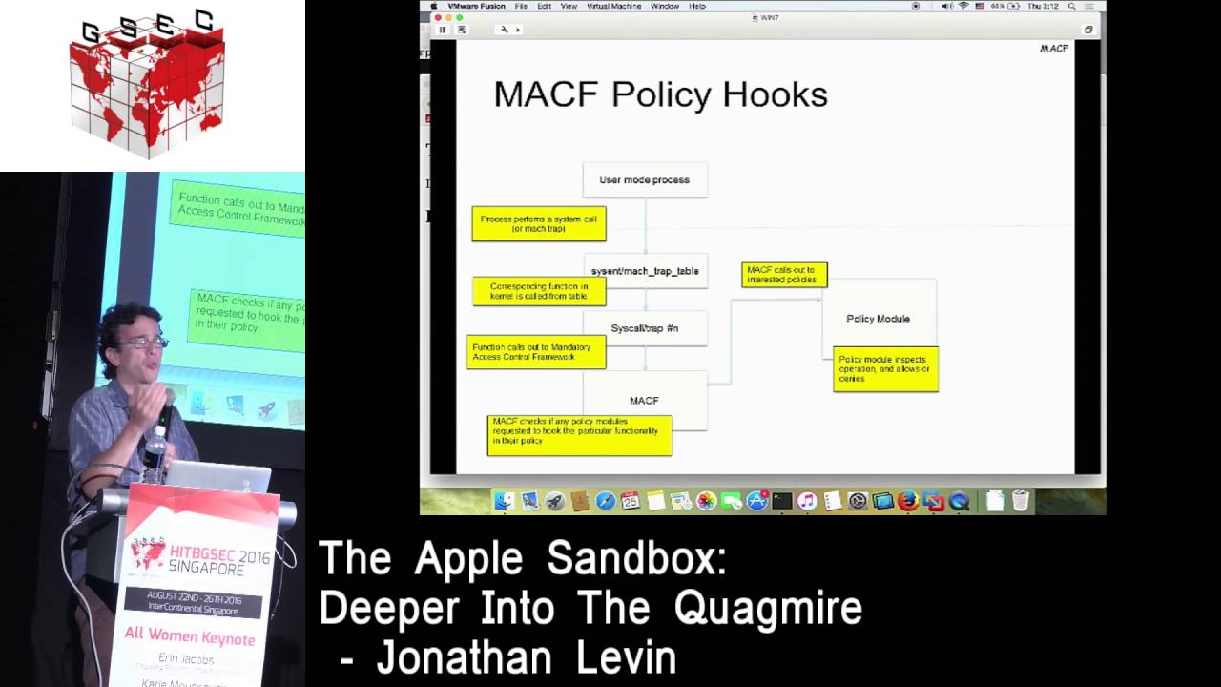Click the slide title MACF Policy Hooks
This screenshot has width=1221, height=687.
[660, 94]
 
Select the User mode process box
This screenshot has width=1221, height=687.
[645, 179]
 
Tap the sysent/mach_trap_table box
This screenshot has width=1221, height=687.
[645, 271]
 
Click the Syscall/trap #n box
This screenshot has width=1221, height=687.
[645, 328]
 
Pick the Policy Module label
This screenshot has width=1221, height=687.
[878, 319]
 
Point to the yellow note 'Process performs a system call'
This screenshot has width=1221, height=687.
[539, 224]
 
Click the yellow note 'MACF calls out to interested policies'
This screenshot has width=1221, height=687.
[784, 275]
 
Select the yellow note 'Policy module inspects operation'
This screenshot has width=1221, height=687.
[885, 368]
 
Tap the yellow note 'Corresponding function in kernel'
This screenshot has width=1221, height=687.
[539, 291]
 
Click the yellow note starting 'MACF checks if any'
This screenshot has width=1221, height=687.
[579, 435]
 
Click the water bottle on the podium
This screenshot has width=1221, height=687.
[155, 452]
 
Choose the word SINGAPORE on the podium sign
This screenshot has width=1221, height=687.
[206, 566]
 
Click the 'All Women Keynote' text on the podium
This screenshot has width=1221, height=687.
[190, 636]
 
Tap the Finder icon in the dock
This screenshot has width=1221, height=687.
[505, 500]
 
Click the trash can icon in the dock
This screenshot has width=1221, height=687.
[1020, 500]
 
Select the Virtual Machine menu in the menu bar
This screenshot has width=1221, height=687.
[612, 6]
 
